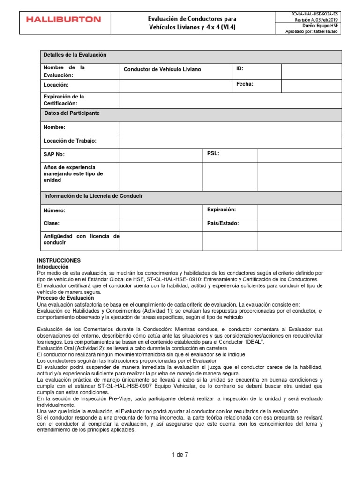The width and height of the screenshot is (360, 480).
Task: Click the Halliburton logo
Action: coord(63,20)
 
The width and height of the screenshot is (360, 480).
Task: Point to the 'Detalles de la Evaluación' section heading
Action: coord(75,55)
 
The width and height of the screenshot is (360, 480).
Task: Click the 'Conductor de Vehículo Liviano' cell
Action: coord(162,69)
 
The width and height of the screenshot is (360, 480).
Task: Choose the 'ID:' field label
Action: coord(240,68)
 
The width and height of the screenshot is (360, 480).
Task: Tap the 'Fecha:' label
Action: coord(245,84)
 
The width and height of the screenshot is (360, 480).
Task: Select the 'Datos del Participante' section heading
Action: coord(72,113)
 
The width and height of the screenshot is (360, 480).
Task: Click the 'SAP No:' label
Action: coord(54,154)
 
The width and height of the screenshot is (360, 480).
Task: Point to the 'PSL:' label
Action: coord(213,153)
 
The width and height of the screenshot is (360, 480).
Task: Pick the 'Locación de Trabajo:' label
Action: coord(70,141)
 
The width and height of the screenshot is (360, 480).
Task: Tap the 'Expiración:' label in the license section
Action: coord(222,210)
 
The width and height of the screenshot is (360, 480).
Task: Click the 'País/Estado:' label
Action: coord(223,223)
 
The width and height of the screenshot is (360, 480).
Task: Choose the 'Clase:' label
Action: coord(52,224)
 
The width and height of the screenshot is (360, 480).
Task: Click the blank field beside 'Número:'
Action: coord(161,211)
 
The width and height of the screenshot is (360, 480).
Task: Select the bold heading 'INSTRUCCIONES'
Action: coord(59,260)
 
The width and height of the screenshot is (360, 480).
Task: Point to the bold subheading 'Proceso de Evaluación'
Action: coord(65,298)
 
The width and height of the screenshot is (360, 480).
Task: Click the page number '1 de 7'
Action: coord(180,455)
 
